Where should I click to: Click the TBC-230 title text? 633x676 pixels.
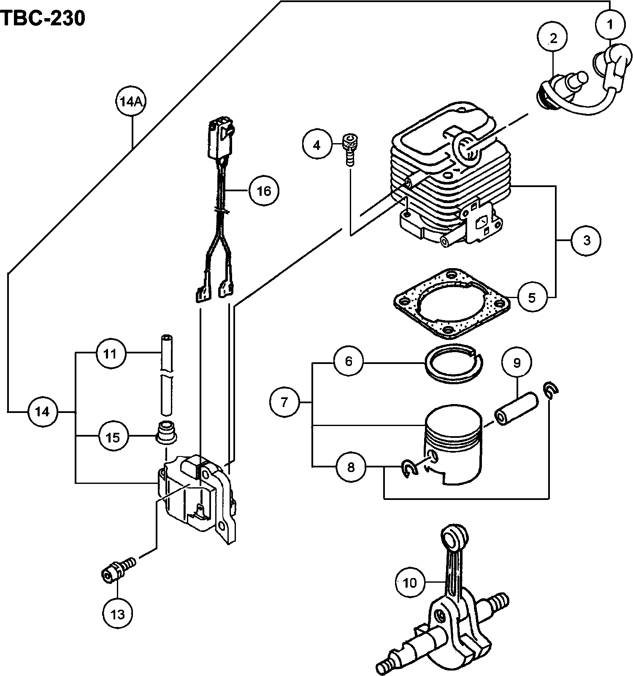43,19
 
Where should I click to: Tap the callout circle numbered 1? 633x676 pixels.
610,25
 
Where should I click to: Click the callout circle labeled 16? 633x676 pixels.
264,191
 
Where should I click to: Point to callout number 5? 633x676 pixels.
532,297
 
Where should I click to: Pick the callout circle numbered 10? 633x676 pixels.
410,583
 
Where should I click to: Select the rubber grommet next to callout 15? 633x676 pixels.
166,432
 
